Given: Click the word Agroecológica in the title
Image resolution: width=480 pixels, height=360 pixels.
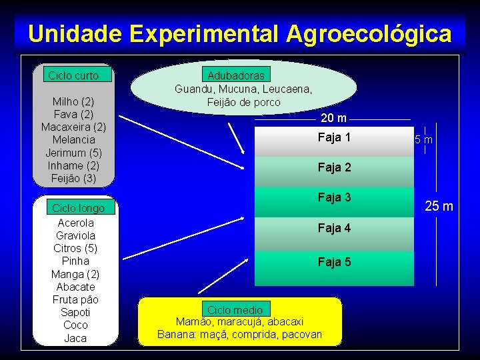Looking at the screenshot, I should coord(369,33).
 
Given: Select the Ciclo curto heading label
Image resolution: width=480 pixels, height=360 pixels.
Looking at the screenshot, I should coord(73,75).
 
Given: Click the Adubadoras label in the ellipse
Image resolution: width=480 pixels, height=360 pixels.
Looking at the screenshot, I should coord(236,75).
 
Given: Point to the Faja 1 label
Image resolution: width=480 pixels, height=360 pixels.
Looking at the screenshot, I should coord(334,138).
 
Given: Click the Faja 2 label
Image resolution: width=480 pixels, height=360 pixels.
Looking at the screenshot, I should coord(334,168).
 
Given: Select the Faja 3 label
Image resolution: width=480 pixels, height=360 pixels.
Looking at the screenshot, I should coord(334,198).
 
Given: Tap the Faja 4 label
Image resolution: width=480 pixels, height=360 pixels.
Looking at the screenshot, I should coord(334,229).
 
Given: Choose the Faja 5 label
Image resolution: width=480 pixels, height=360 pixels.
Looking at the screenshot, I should coord(334,262).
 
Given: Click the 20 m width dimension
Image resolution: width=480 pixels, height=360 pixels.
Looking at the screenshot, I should coord(333,119).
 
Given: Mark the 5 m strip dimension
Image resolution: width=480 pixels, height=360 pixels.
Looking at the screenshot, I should coord(423,140).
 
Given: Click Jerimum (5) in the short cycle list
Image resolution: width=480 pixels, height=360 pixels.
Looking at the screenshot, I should coord(73,153).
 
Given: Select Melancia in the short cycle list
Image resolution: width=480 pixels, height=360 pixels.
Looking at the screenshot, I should coord(73,140).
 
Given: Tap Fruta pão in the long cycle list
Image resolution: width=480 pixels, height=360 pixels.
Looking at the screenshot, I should coord(75,299).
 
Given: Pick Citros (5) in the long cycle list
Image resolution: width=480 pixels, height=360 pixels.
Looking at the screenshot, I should coord(75,248).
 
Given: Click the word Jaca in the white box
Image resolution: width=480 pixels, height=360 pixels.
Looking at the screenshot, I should coord(75,338).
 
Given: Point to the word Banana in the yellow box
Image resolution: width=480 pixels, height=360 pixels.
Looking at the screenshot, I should coord(174,334).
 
